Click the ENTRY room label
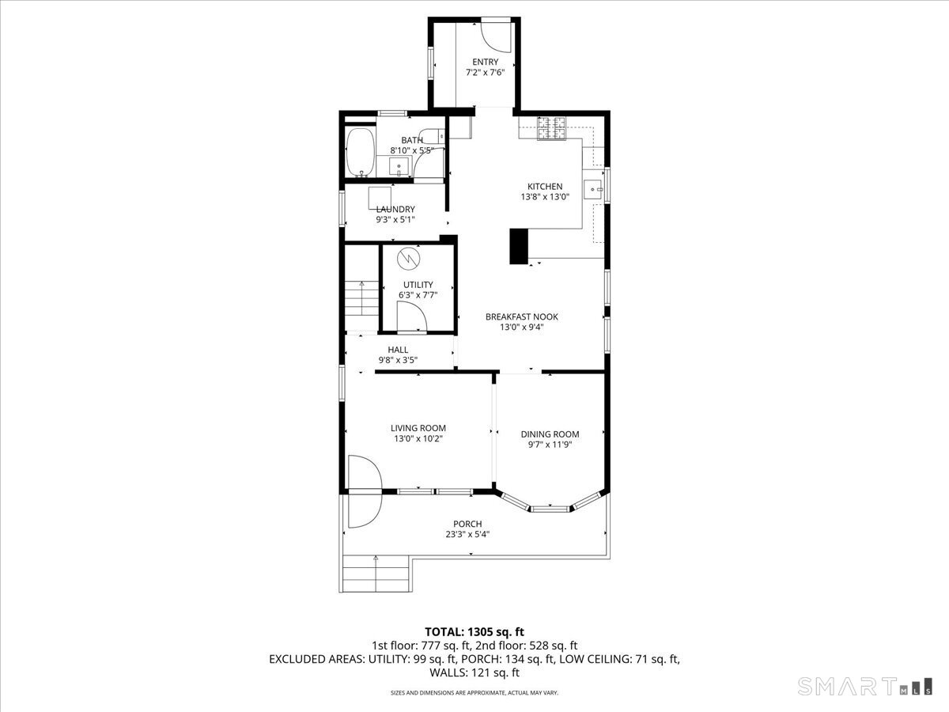[x=485, y=62]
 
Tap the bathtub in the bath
[x=360, y=152]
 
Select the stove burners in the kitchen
[x=551, y=128]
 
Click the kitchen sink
[x=594, y=189]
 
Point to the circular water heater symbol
[x=409, y=259]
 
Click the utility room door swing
[x=411, y=317]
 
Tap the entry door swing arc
[x=496, y=36]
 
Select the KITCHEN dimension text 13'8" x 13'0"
[x=545, y=197]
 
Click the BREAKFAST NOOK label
[x=522, y=317]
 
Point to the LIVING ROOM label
[x=418, y=428]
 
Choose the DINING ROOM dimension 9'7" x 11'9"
[x=550, y=445]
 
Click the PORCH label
[x=467, y=524]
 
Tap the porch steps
[x=376, y=574]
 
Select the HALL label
[x=398, y=350]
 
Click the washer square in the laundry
[x=380, y=198]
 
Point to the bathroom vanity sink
[x=399, y=166]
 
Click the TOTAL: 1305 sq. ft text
[x=475, y=632]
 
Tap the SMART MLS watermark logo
[x=864, y=686]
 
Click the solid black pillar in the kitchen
[x=519, y=246]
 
